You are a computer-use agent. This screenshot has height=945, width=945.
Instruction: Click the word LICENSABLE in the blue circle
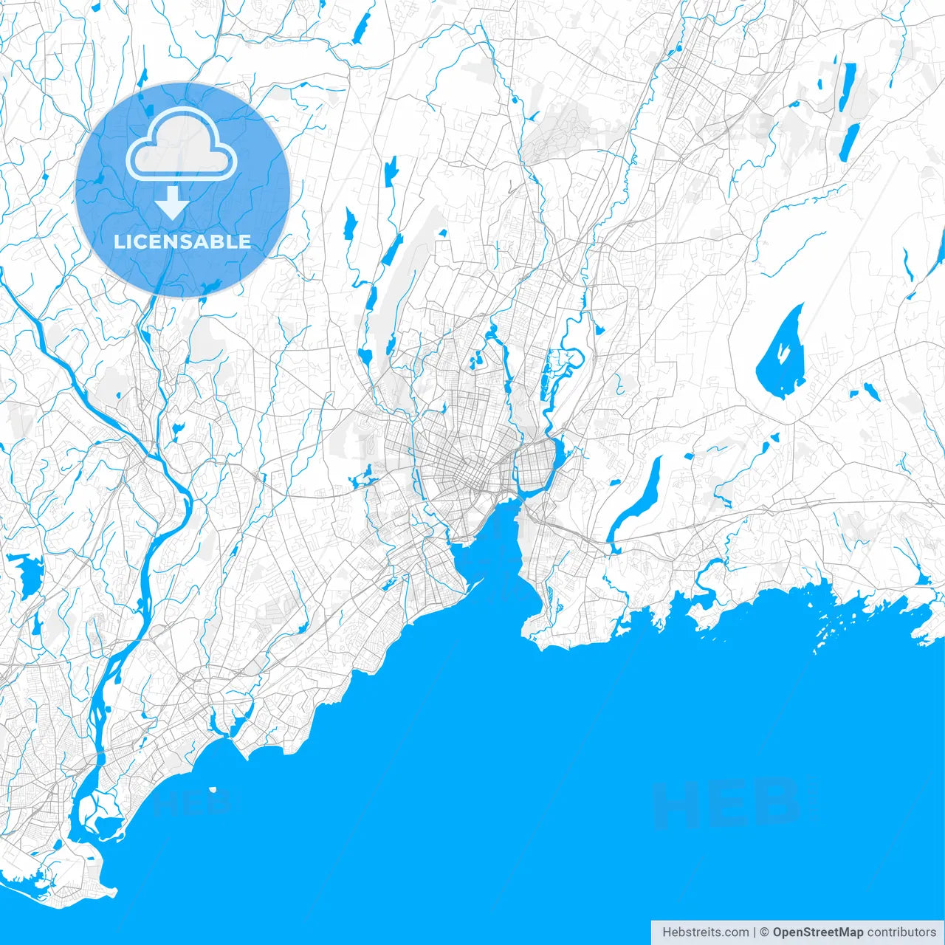tap(182, 242)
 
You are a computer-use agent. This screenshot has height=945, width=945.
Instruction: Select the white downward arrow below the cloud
tap(173, 203)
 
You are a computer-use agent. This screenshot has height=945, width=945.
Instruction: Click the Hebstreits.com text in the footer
tap(705, 932)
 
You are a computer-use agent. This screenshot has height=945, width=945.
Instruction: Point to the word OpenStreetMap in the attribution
tap(817, 932)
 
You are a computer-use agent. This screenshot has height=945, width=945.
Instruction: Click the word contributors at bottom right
tap(901, 932)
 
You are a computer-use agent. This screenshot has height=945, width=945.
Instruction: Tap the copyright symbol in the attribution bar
tap(765, 932)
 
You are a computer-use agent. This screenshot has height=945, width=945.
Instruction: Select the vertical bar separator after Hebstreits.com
tap(755, 932)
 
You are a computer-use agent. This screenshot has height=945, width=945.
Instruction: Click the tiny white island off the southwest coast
tap(213, 790)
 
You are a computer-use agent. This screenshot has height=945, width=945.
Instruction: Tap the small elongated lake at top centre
tap(361, 30)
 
